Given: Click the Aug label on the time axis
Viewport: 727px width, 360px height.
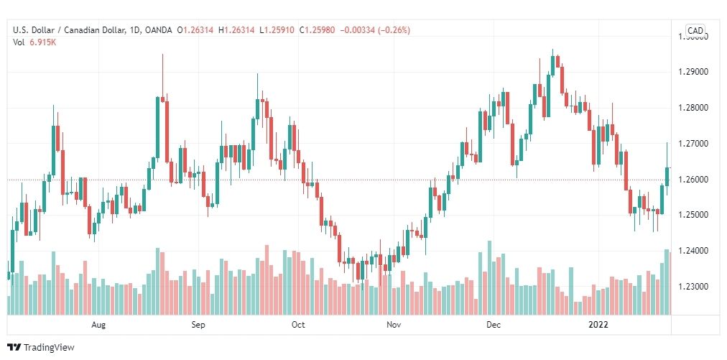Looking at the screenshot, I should click(x=99, y=325).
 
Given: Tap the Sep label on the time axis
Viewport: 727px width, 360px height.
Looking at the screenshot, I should click(x=199, y=325).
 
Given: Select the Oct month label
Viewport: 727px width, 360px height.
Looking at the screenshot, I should click(x=298, y=325).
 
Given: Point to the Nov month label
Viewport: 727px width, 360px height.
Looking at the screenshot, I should click(x=393, y=325).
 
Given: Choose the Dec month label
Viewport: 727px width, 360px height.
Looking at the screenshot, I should click(x=492, y=325).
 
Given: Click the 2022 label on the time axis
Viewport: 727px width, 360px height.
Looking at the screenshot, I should click(x=598, y=325).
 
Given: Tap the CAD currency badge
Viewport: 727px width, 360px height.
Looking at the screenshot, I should click(x=695, y=30).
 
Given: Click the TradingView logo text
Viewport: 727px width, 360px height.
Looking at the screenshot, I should click(x=49, y=348).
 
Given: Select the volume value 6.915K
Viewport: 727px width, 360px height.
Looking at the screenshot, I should click(x=43, y=42).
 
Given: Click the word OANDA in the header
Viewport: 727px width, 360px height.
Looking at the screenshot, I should click(x=157, y=30).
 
